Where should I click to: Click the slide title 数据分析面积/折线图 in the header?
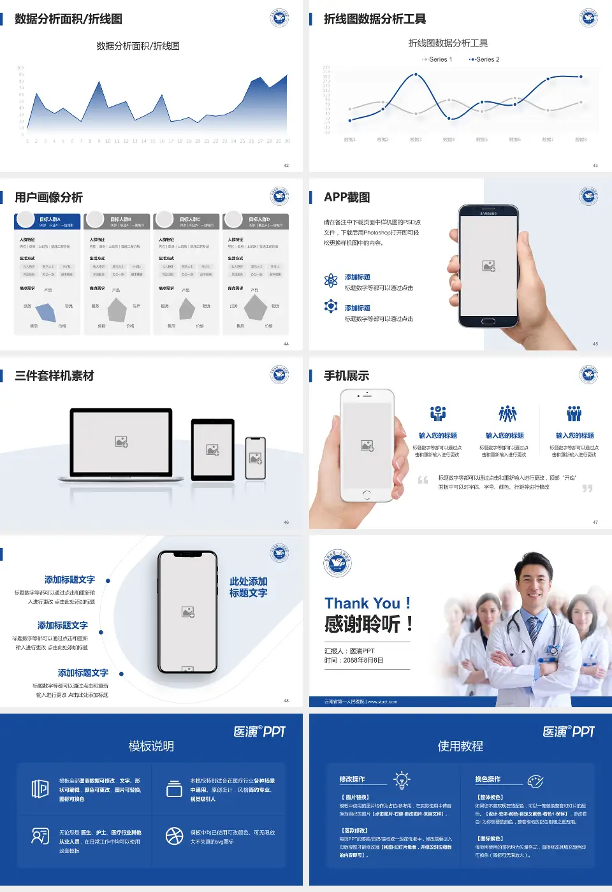(x=68, y=19)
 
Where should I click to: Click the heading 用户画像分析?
(x=48, y=198)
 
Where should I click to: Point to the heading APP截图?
(x=347, y=198)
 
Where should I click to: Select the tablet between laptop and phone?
(x=212, y=449)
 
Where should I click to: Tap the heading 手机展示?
(x=346, y=376)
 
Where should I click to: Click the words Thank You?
(x=362, y=603)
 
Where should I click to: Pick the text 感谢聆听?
(x=362, y=624)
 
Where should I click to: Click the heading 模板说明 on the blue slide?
(x=151, y=746)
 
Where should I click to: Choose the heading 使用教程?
(x=460, y=746)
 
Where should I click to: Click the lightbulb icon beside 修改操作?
(x=402, y=780)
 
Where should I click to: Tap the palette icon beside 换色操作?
(x=535, y=780)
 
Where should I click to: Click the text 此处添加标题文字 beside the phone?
(x=248, y=587)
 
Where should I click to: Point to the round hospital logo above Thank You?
(x=337, y=563)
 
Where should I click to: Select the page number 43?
(x=595, y=166)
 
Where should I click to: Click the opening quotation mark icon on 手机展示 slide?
(x=423, y=480)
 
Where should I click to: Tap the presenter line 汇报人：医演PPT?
(x=349, y=651)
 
